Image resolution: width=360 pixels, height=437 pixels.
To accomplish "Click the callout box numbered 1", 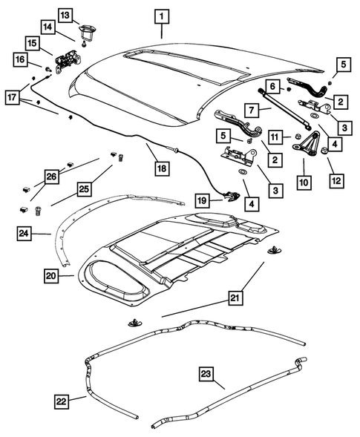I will tap(161, 16).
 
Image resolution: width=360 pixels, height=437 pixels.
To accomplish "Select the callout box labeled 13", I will tap(65, 15).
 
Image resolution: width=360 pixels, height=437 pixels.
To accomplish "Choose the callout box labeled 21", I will tap(235, 298).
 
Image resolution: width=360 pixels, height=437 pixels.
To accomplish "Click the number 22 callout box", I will tap(65, 401).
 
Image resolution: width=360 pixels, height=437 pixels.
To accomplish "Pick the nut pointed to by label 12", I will tap(325, 152).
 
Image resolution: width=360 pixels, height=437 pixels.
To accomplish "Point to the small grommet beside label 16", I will tap(48, 70).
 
